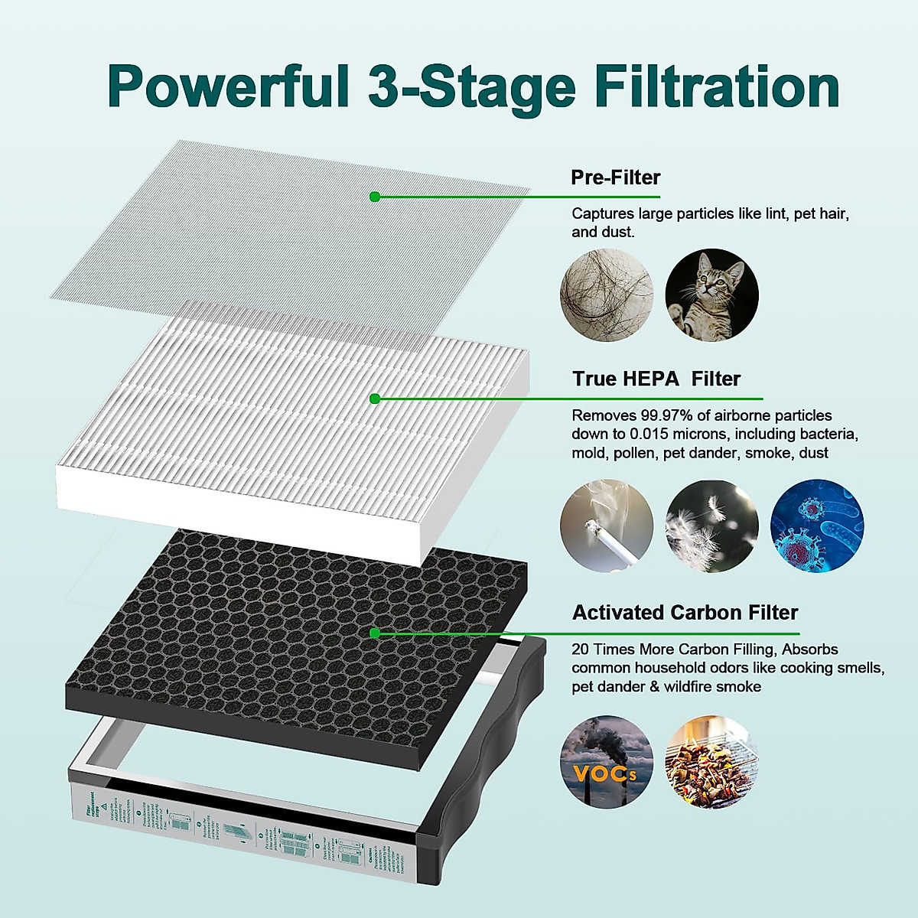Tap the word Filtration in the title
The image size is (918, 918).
[x=717, y=86]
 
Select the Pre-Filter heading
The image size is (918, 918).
[x=615, y=177]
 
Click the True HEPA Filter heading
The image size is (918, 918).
[x=656, y=379]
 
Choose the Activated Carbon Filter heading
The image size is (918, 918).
[x=685, y=613]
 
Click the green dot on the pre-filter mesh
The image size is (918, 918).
[x=375, y=197]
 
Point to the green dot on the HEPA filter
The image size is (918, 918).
[x=375, y=399]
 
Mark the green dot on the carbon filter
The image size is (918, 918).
[x=375, y=633]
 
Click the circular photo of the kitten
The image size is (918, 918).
[x=711, y=295]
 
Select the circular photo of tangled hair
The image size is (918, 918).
[x=607, y=295]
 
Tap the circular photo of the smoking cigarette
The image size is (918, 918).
[x=607, y=526]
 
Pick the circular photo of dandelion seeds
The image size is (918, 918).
[x=711, y=526]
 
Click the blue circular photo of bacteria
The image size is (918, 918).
[x=816, y=526]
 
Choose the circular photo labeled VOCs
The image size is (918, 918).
[x=607, y=762]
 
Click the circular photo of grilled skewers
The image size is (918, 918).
[x=711, y=762]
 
